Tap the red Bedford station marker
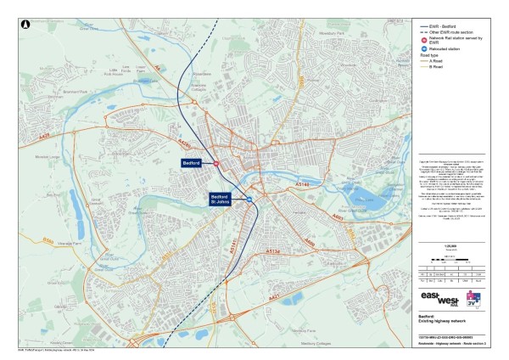[215, 162]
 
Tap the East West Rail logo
[442, 301]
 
